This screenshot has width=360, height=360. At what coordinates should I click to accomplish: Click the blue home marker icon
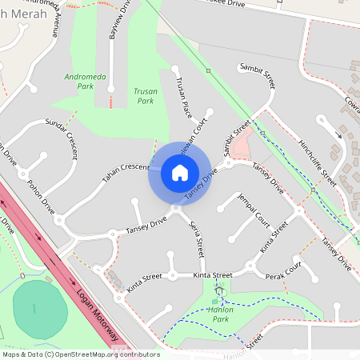coord(179,172)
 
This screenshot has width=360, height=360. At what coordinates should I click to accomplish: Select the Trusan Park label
coord(144,96)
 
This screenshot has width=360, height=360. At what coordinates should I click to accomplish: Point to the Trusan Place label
coord(181,94)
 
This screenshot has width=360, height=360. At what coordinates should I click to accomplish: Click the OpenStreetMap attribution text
coord(80,354)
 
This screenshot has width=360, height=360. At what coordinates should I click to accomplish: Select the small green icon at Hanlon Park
coord(214,301)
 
